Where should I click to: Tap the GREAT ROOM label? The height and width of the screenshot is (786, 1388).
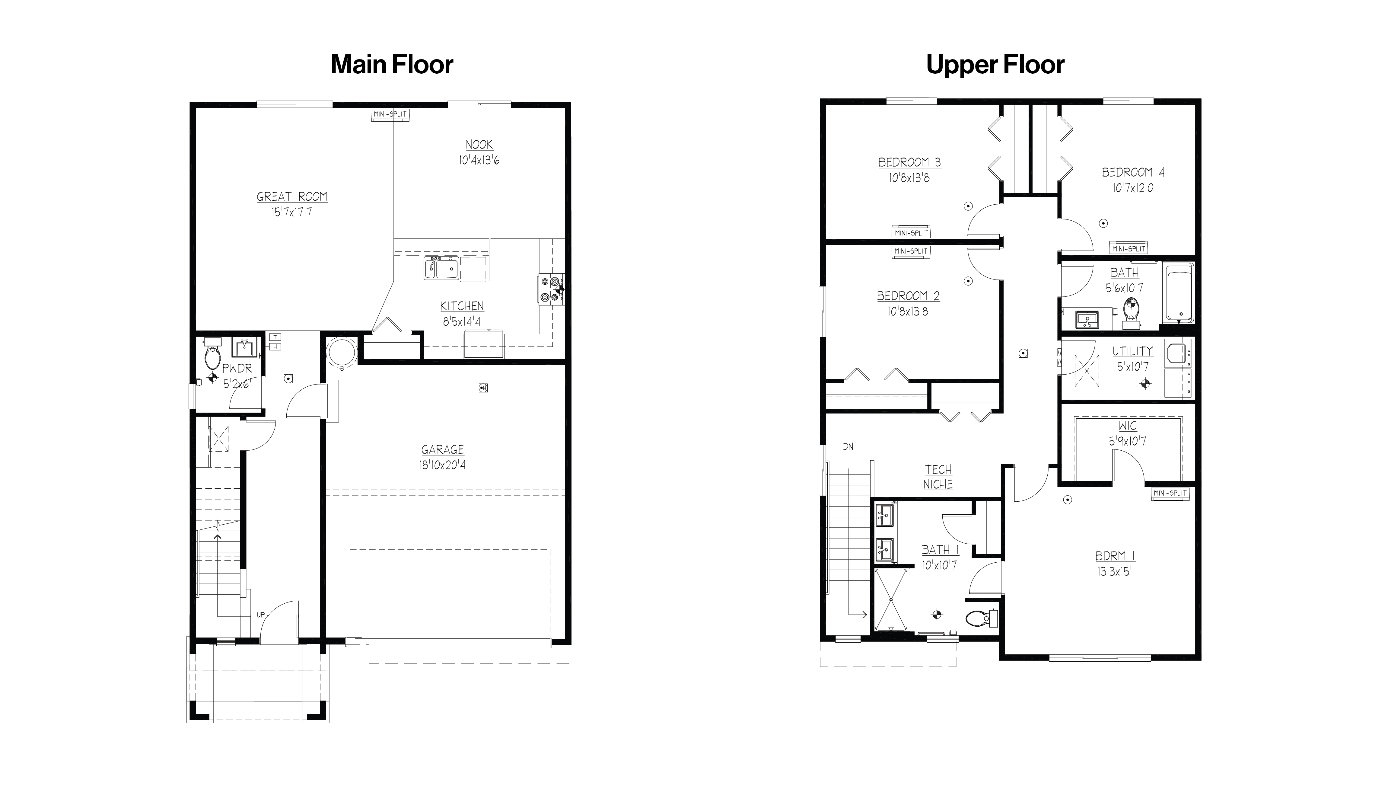point(292,197)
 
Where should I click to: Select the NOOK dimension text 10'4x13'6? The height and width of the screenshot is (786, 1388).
point(479,160)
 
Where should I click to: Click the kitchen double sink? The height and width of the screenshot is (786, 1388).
point(441,268)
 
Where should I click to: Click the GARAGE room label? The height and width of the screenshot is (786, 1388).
point(443,450)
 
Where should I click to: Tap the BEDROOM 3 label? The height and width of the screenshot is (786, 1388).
point(909,162)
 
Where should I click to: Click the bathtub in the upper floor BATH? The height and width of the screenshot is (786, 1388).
point(1179,293)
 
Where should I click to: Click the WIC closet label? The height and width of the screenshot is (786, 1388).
point(1127,426)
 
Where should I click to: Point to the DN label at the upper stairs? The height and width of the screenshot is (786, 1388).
point(848,447)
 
